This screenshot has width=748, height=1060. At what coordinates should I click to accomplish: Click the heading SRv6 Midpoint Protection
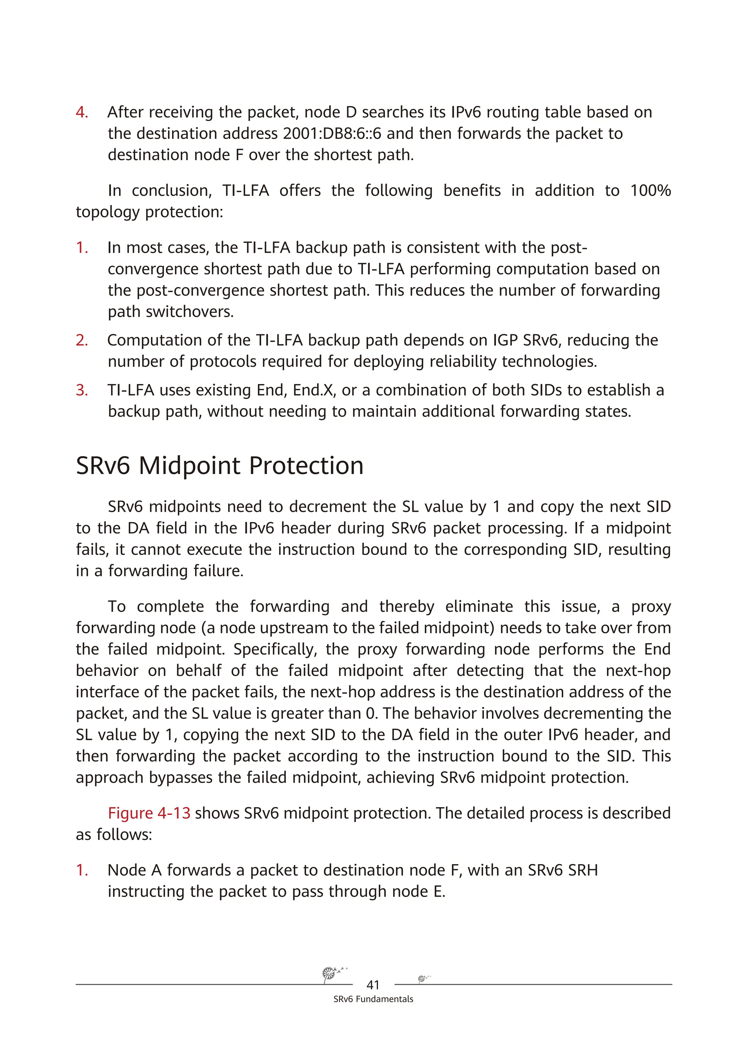pos(220,466)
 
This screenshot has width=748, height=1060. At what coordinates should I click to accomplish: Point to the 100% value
pos(650,190)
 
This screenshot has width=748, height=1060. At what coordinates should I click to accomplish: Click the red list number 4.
pos(82,112)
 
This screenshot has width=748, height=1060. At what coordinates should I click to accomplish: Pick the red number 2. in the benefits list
pos(82,340)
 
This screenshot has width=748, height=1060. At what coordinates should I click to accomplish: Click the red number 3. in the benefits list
pos(82,390)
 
